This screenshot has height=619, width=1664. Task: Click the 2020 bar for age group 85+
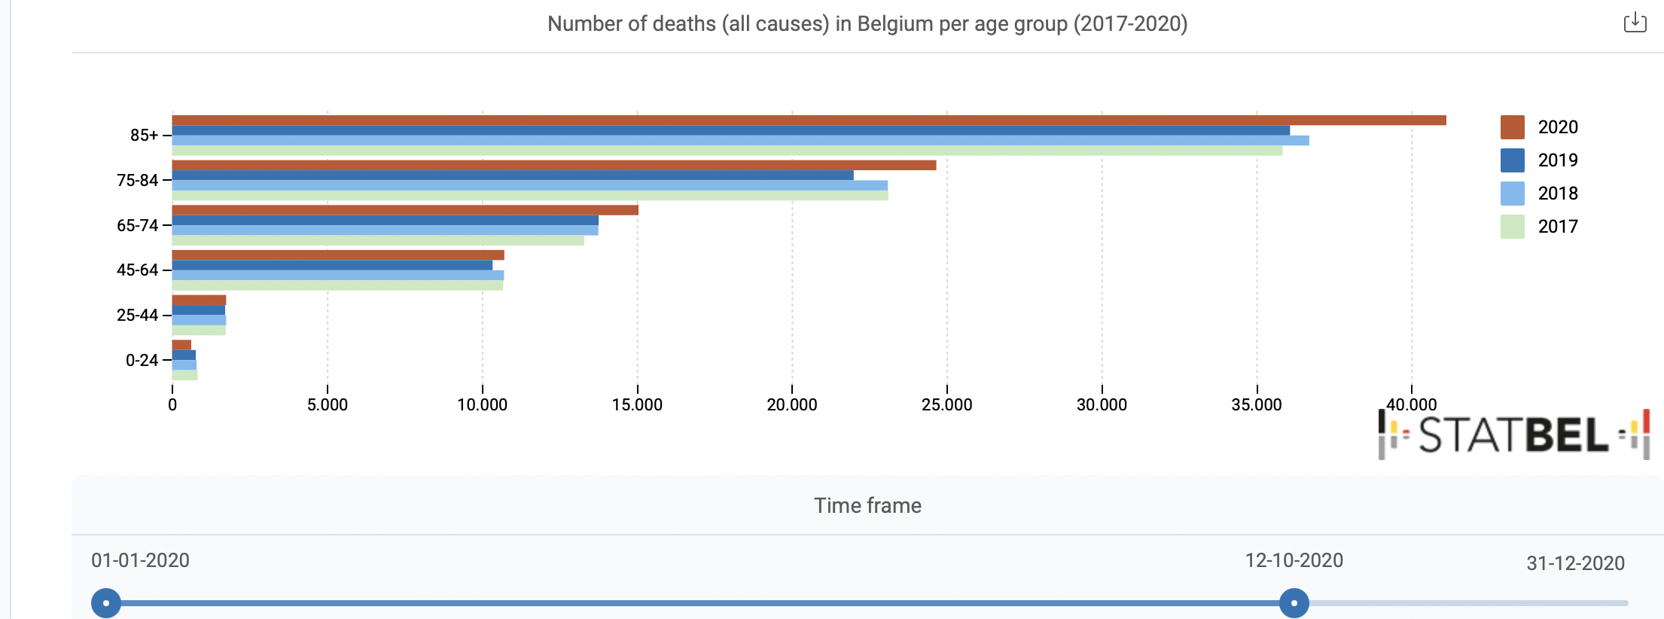point(809,120)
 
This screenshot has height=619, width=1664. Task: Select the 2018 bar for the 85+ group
point(740,141)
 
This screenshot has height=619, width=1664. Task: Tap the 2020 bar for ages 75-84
point(554,165)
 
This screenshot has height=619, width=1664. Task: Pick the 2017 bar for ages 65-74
point(378,240)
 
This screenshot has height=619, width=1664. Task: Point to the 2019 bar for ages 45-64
point(332,265)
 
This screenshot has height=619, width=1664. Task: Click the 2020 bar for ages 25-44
point(199,300)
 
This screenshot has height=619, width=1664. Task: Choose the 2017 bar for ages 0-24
point(185,375)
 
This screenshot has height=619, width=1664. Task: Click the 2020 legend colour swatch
point(1512,127)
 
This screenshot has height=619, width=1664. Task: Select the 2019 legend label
point(1557,160)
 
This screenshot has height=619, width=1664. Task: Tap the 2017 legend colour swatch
point(1512,227)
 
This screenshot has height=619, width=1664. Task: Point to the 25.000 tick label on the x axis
point(946,405)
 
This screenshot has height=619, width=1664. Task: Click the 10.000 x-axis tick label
point(482,405)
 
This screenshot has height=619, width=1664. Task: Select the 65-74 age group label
point(137,225)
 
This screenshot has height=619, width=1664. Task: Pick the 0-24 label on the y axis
point(142,360)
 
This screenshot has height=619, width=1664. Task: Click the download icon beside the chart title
point(1635,23)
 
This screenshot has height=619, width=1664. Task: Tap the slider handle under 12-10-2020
point(1294,603)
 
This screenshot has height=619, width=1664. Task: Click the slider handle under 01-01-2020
point(106,603)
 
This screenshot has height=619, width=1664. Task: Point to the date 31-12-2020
point(1575,563)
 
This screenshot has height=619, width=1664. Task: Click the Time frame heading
point(867,505)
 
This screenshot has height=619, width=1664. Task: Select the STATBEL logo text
point(1513,435)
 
